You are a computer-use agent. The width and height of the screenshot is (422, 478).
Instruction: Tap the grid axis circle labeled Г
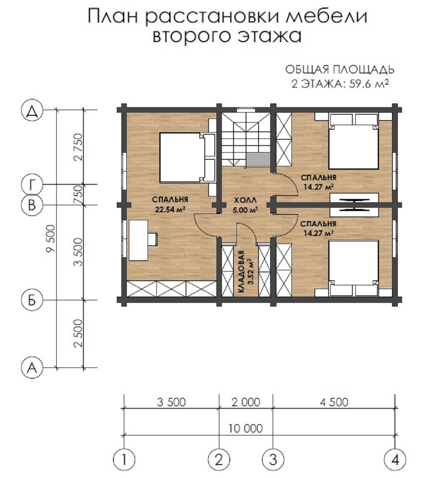pos(32,184)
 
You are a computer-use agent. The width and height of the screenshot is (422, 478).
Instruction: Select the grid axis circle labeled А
pos(32,368)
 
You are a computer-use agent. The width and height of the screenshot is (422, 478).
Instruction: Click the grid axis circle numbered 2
pos(219,460)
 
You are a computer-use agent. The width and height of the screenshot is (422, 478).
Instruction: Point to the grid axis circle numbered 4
pos(395,460)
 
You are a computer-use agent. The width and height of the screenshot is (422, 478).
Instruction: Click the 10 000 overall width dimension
pos(246,428)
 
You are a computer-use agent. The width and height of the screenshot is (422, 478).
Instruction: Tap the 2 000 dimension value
pos(246,402)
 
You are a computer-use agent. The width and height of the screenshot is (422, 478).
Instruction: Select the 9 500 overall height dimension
pos(50,239)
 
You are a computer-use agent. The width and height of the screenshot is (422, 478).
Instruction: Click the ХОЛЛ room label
pos(245,200)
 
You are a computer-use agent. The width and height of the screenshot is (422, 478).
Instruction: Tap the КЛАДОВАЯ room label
pos(241,272)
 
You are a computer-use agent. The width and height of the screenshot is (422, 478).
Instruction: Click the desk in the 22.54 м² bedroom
pos(138,241)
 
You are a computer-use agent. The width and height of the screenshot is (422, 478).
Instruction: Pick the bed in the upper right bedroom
pos(354,141)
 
